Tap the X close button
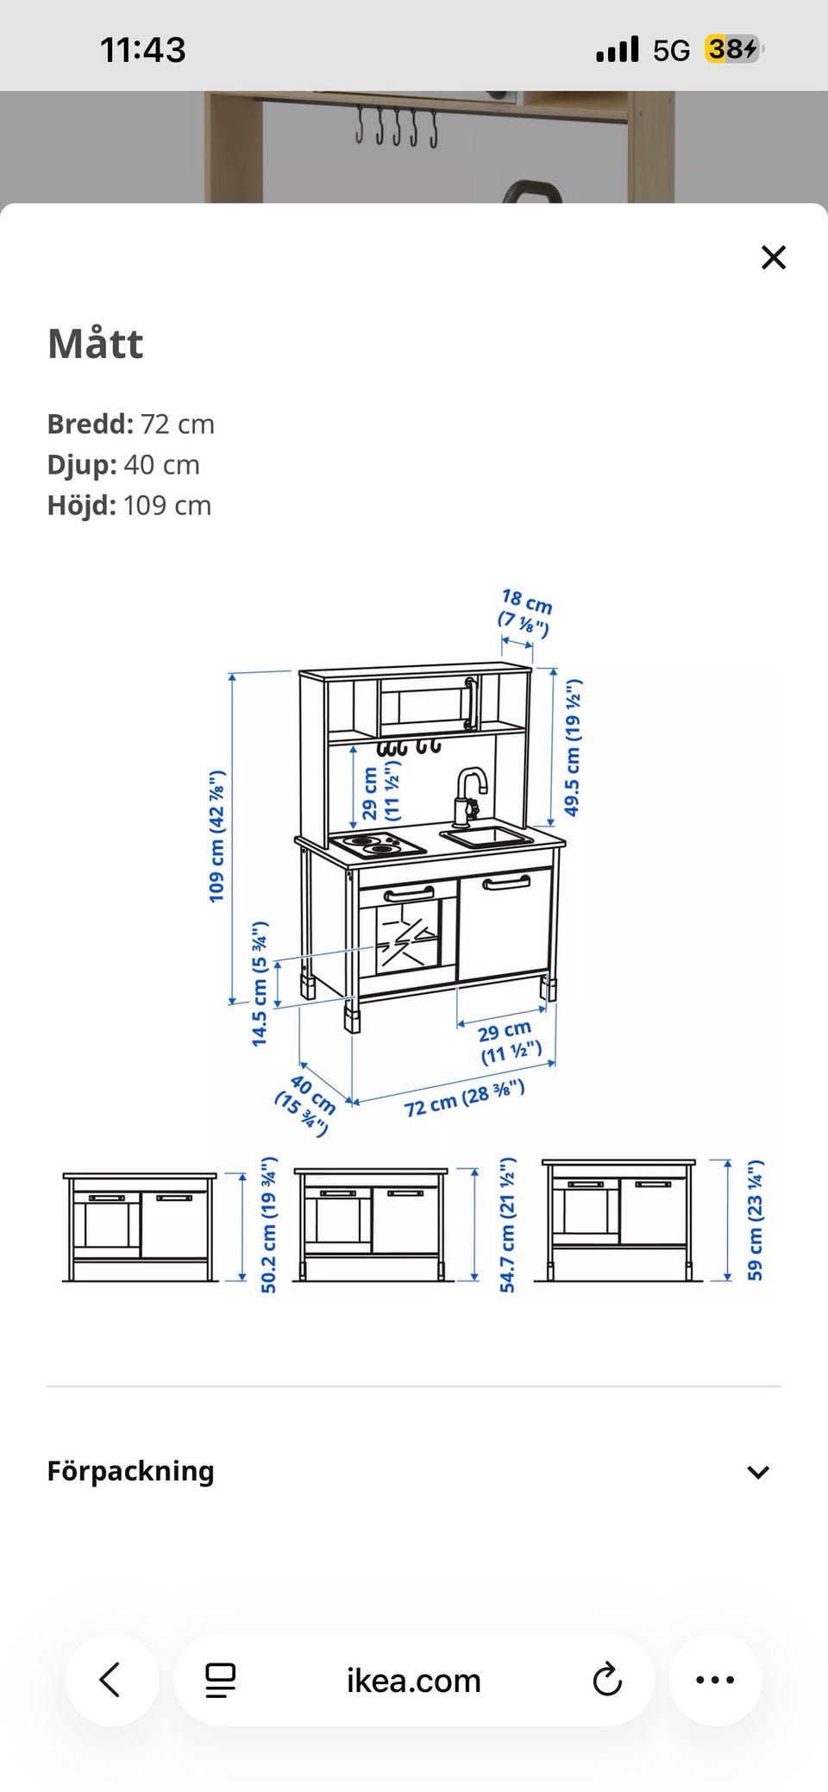(774, 257)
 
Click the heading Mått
(96, 343)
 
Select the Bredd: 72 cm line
(131, 424)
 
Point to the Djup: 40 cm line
(123, 464)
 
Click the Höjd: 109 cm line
(129, 505)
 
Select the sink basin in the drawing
(486, 835)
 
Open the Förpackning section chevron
(758, 1472)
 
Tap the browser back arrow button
(111, 1680)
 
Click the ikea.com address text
(413, 1680)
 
